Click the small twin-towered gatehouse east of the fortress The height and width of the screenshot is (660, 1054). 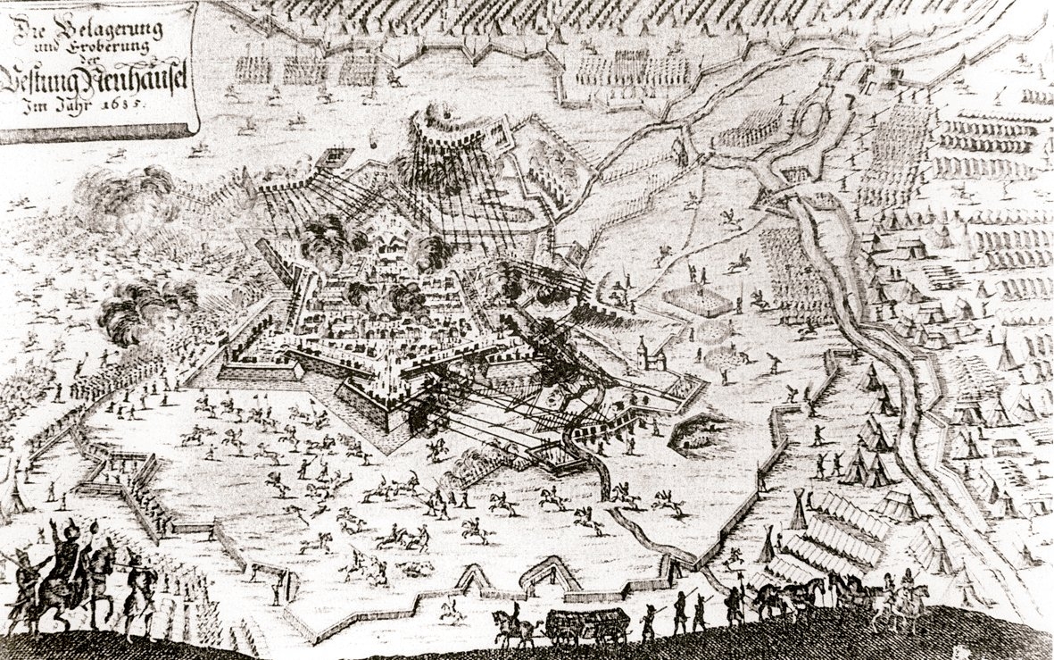tap(651, 356)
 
